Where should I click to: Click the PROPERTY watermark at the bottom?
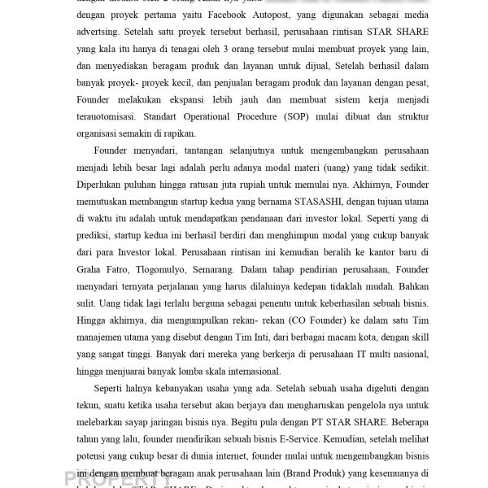117,477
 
